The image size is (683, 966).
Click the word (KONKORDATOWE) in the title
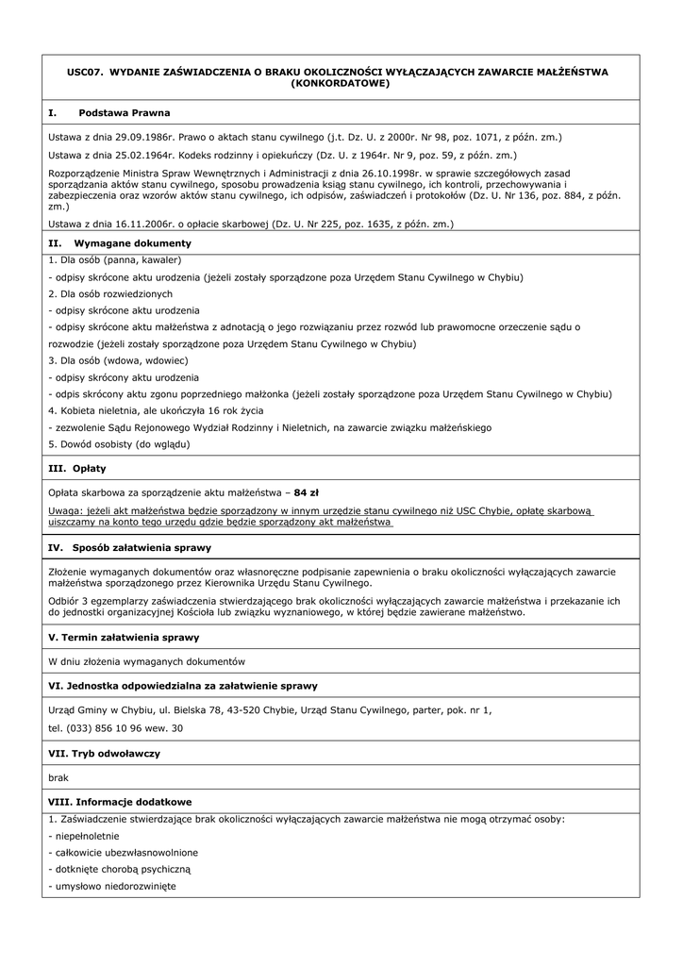tap(341, 83)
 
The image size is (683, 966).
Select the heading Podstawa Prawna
tap(125, 112)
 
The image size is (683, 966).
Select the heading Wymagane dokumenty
tap(132, 242)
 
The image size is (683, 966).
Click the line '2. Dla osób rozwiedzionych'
tap(110, 293)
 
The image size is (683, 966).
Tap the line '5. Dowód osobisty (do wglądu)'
tap(119, 444)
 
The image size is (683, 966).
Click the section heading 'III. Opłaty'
tap(77, 468)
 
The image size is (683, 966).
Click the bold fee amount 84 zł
tap(307, 492)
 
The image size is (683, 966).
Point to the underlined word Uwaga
tap(66, 510)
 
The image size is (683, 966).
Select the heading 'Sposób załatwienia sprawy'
tap(142, 547)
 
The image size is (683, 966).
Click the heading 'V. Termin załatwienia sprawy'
tap(124, 638)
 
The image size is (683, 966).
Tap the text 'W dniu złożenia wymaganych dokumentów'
tap(146, 661)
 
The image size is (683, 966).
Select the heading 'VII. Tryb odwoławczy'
tap(104, 754)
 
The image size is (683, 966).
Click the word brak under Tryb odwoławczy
tap(58, 777)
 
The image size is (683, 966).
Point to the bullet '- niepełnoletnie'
tap(84, 836)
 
